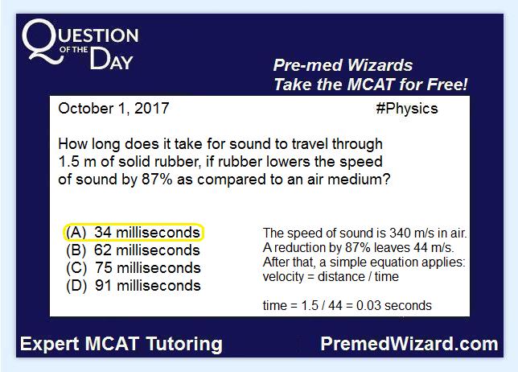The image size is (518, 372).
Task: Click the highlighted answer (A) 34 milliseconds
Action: [134, 233]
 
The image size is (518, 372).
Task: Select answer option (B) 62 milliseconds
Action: [133, 250]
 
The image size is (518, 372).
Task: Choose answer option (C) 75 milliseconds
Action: [134, 268]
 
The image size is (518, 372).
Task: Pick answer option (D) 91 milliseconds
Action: [134, 286]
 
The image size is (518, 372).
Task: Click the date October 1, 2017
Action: [113, 109]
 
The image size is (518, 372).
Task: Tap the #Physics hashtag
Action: [407, 109]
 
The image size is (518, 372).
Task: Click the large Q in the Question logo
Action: [41, 40]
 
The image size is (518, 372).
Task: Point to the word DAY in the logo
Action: [111, 59]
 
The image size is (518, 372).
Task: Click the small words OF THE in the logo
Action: [74, 50]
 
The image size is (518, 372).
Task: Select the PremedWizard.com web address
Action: [409, 344]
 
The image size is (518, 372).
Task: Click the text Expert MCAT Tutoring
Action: [121, 344]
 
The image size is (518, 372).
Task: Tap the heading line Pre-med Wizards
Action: [343, 65]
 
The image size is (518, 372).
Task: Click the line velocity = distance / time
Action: [331, 276]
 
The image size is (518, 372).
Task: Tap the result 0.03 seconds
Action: [394, 305]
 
